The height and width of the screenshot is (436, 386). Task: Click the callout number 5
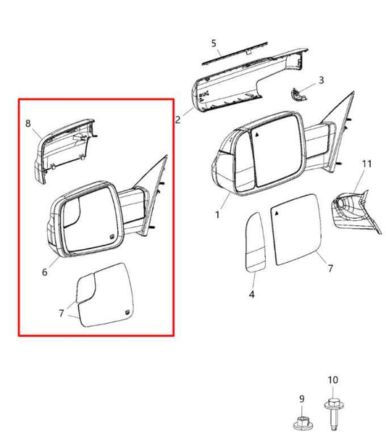coord(214,43)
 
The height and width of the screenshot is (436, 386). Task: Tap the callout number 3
coord(322,80)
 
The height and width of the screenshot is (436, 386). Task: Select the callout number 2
coord(177,120)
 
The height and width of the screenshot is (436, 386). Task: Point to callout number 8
coord(28,123)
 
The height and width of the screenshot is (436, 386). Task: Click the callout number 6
coord(44,272)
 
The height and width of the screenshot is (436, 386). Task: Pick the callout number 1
coord(217,214)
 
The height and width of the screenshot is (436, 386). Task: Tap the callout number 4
coord(252,294)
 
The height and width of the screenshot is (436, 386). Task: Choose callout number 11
coord(367,164)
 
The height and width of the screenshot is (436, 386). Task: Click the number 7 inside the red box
coord(62,314)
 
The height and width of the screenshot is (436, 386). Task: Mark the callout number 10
coord(333,380)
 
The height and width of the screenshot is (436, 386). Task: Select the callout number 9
coord(302,399)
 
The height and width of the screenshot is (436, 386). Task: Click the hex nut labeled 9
coord(303,423)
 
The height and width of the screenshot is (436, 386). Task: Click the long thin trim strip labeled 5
coord(235,54)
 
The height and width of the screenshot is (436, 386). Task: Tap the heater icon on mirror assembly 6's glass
coord(112,237)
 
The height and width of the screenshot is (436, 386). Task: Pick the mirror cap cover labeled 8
coord(64,151)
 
